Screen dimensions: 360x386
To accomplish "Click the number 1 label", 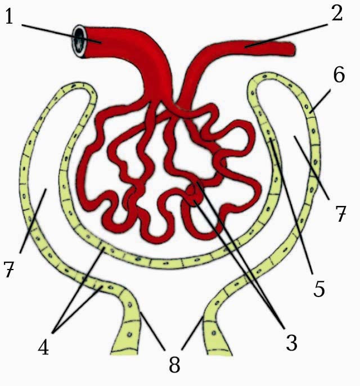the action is (10, 16).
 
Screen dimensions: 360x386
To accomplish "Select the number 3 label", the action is (291, 342).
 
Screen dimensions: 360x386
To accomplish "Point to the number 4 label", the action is (43, 345).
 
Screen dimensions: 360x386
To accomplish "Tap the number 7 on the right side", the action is (340, 214).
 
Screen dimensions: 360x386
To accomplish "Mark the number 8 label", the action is (175, 364).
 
